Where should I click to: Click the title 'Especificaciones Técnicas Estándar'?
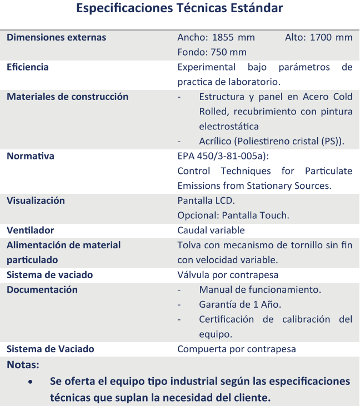pyautogui.click(x=179, y=9)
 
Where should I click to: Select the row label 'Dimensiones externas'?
pyautogui.click(x=56, y=38)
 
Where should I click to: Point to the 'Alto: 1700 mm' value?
pyautogui.click(x=318, y=38)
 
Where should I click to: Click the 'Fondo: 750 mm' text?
pyautogui.click(x=212, y=52)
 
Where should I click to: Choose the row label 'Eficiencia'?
pyautogui.click(x=27, y=67)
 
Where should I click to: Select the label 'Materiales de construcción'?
pyautogui.click(x=67, y=97)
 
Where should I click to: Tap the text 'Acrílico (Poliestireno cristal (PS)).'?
pyautogui.click(x=272, y=141)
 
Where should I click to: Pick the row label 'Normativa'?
pyautogui.click(x=31, y=156)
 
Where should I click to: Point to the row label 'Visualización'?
pyautogui.click(x=36, y=201)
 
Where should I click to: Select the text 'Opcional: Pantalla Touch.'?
pyautogui.click(x=233, y=215)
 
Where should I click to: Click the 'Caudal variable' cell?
pyautogui.click(x=211, y=230)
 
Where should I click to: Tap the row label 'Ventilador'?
pyautogui.click(x=30, y=230)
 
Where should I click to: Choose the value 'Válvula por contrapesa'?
pyautogui.click(x=228, y=274)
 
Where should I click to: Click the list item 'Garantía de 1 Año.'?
pyautogui.click(x=240, y=304)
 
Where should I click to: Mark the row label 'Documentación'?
pyautogui.click(x=42, y=289)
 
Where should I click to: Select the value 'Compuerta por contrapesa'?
pyautogui.click(x=236, y=349)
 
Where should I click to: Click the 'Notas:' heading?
pyautogui.click(x=23, y=365)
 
